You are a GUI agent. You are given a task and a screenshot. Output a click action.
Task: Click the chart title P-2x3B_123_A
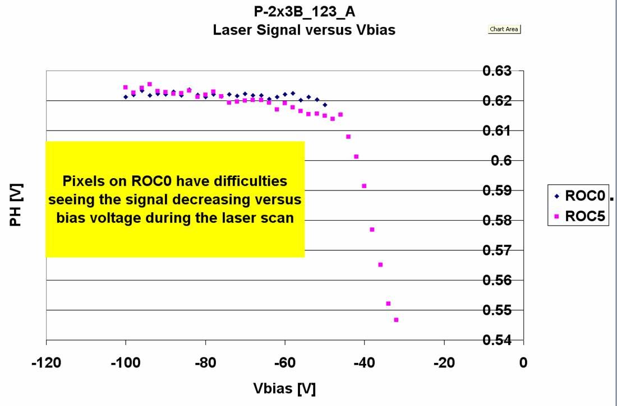304,12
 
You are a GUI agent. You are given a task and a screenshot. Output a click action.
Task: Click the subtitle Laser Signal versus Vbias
304,30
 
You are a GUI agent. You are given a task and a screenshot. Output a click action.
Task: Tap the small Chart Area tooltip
504,29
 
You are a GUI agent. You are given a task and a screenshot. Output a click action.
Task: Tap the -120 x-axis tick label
45,363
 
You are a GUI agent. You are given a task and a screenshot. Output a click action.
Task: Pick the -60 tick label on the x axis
285,363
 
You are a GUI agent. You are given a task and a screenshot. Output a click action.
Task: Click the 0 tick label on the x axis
523,363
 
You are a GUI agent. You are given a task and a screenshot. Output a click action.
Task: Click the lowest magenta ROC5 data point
396,320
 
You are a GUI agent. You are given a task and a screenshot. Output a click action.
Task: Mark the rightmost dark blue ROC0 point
325,105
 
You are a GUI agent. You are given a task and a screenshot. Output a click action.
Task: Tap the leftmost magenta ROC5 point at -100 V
125,87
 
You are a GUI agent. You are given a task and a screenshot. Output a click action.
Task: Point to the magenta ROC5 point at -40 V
364,186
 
